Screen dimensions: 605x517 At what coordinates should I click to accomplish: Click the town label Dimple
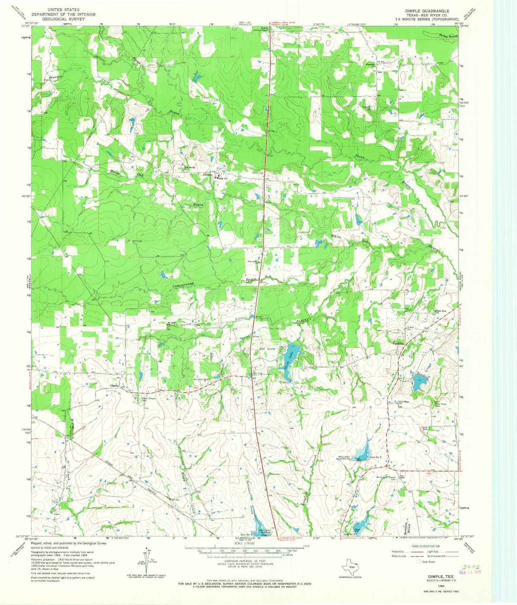[x=208, y=175]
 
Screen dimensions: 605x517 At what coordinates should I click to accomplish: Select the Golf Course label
[x=268, y=349]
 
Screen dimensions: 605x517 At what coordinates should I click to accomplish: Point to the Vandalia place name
[x=398, y=343]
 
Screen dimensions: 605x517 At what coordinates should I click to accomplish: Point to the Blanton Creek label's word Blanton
[x=55, y=77]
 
